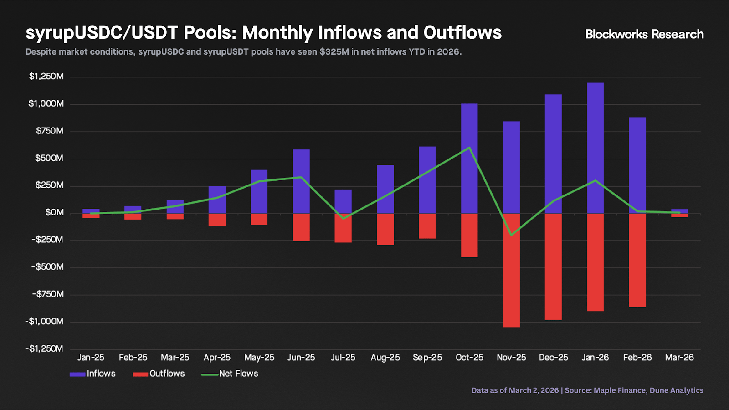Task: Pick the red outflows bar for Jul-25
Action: click(343, 228)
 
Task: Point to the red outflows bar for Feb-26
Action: click(637, 261)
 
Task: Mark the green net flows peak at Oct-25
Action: click(469, 148)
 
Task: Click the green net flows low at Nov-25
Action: click(511, 235)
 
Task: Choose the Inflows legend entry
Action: click(93, 374)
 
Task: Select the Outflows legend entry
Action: click(159, 374)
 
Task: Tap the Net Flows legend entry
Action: click(230, 374)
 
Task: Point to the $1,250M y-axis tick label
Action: click(46, 77)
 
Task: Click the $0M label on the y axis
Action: click(54, 213)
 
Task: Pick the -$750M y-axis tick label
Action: click(48, 294)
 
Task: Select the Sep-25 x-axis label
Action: click(427, 358)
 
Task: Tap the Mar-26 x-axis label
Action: click(679, 358)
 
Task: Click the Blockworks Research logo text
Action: click(644, 34)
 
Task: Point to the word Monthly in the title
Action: click(277, 33)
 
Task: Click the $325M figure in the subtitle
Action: click(334, 52)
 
